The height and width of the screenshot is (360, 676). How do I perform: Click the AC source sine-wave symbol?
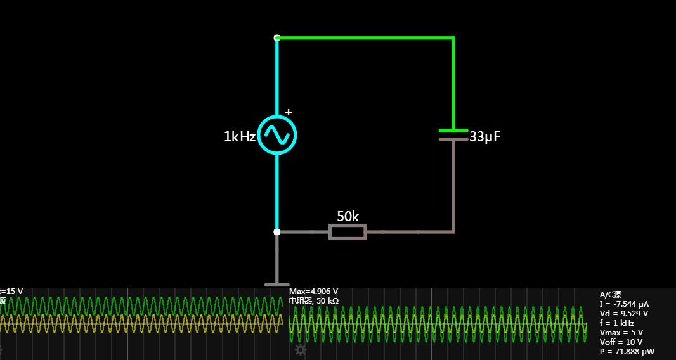(277, 134)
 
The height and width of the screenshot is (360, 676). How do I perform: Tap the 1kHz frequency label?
(239, 136)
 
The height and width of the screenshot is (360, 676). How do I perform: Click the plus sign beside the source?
(289, 113)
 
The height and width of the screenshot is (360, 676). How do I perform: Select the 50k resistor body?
(348, 232)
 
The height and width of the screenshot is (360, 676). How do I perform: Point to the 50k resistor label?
(348, 216)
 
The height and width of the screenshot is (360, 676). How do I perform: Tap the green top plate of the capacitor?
(453, 131)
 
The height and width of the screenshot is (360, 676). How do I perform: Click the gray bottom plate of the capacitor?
(453, 139)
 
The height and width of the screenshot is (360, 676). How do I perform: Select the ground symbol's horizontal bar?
(276, 285)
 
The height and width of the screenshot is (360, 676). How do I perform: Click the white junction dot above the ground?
(277, 232)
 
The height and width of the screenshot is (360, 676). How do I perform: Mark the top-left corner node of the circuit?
(277, 38)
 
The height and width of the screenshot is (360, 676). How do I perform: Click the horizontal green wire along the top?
(365, 38)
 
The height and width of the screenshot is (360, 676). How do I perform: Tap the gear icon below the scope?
(301, 350)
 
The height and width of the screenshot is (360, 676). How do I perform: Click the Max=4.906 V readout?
(313, 292)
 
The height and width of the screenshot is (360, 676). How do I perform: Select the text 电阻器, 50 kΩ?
(313, 300)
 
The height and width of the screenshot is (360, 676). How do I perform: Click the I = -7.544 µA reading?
(624, 304)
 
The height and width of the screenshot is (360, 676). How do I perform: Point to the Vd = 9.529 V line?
(623, 313)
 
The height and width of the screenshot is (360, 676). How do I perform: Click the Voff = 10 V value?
(621, 342)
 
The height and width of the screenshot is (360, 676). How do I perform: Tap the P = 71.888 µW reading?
(627, 351)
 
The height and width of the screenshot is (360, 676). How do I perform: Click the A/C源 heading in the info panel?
(610, 295)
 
